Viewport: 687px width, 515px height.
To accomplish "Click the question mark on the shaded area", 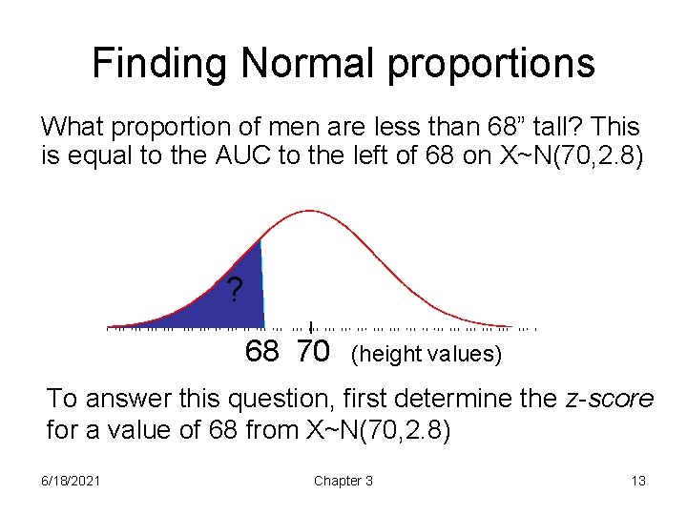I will click(234, 289).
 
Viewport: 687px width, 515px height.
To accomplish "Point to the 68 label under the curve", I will click(262, 352).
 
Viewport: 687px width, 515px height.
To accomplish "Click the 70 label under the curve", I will click(313, 352).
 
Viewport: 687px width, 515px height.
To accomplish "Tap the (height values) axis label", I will click(426, 354).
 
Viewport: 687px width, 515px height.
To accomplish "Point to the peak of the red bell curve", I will click(309, 211).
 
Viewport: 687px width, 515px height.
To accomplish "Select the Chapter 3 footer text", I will click(343, 481).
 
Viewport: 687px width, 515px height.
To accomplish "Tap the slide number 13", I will click(638, 481).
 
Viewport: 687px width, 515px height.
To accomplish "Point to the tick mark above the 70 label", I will click(311, 325).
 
